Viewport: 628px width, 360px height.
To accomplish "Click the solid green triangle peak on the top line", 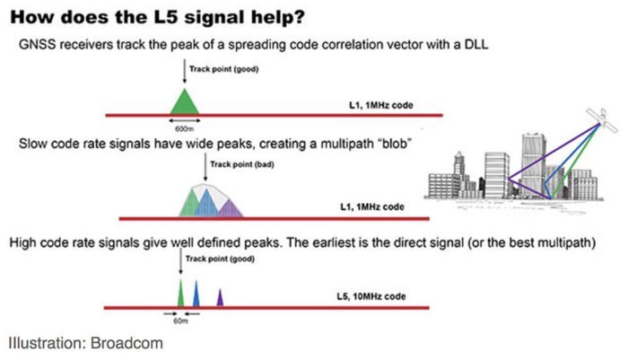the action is coord(184,103).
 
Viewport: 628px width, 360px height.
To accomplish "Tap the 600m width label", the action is coord(184,128).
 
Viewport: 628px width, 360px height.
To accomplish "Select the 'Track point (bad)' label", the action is coord(242,164).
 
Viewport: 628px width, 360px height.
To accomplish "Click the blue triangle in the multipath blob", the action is coord(206,204).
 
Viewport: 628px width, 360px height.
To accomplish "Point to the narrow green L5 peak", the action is coord(180,294).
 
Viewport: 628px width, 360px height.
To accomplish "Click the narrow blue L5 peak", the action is coord(196,294).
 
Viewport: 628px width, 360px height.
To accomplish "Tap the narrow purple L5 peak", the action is coord(220,298).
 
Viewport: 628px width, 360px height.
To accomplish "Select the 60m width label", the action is coord(180,321).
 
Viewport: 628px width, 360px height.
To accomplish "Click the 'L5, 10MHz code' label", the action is coord(371,296).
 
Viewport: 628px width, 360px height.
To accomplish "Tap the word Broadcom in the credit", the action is coord(126,343).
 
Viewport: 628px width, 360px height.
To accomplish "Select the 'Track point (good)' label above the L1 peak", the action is coord(224,69).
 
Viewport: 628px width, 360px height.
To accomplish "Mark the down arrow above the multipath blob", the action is coord(205,168).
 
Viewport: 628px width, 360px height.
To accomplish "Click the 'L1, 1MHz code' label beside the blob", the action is coord(372,206).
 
